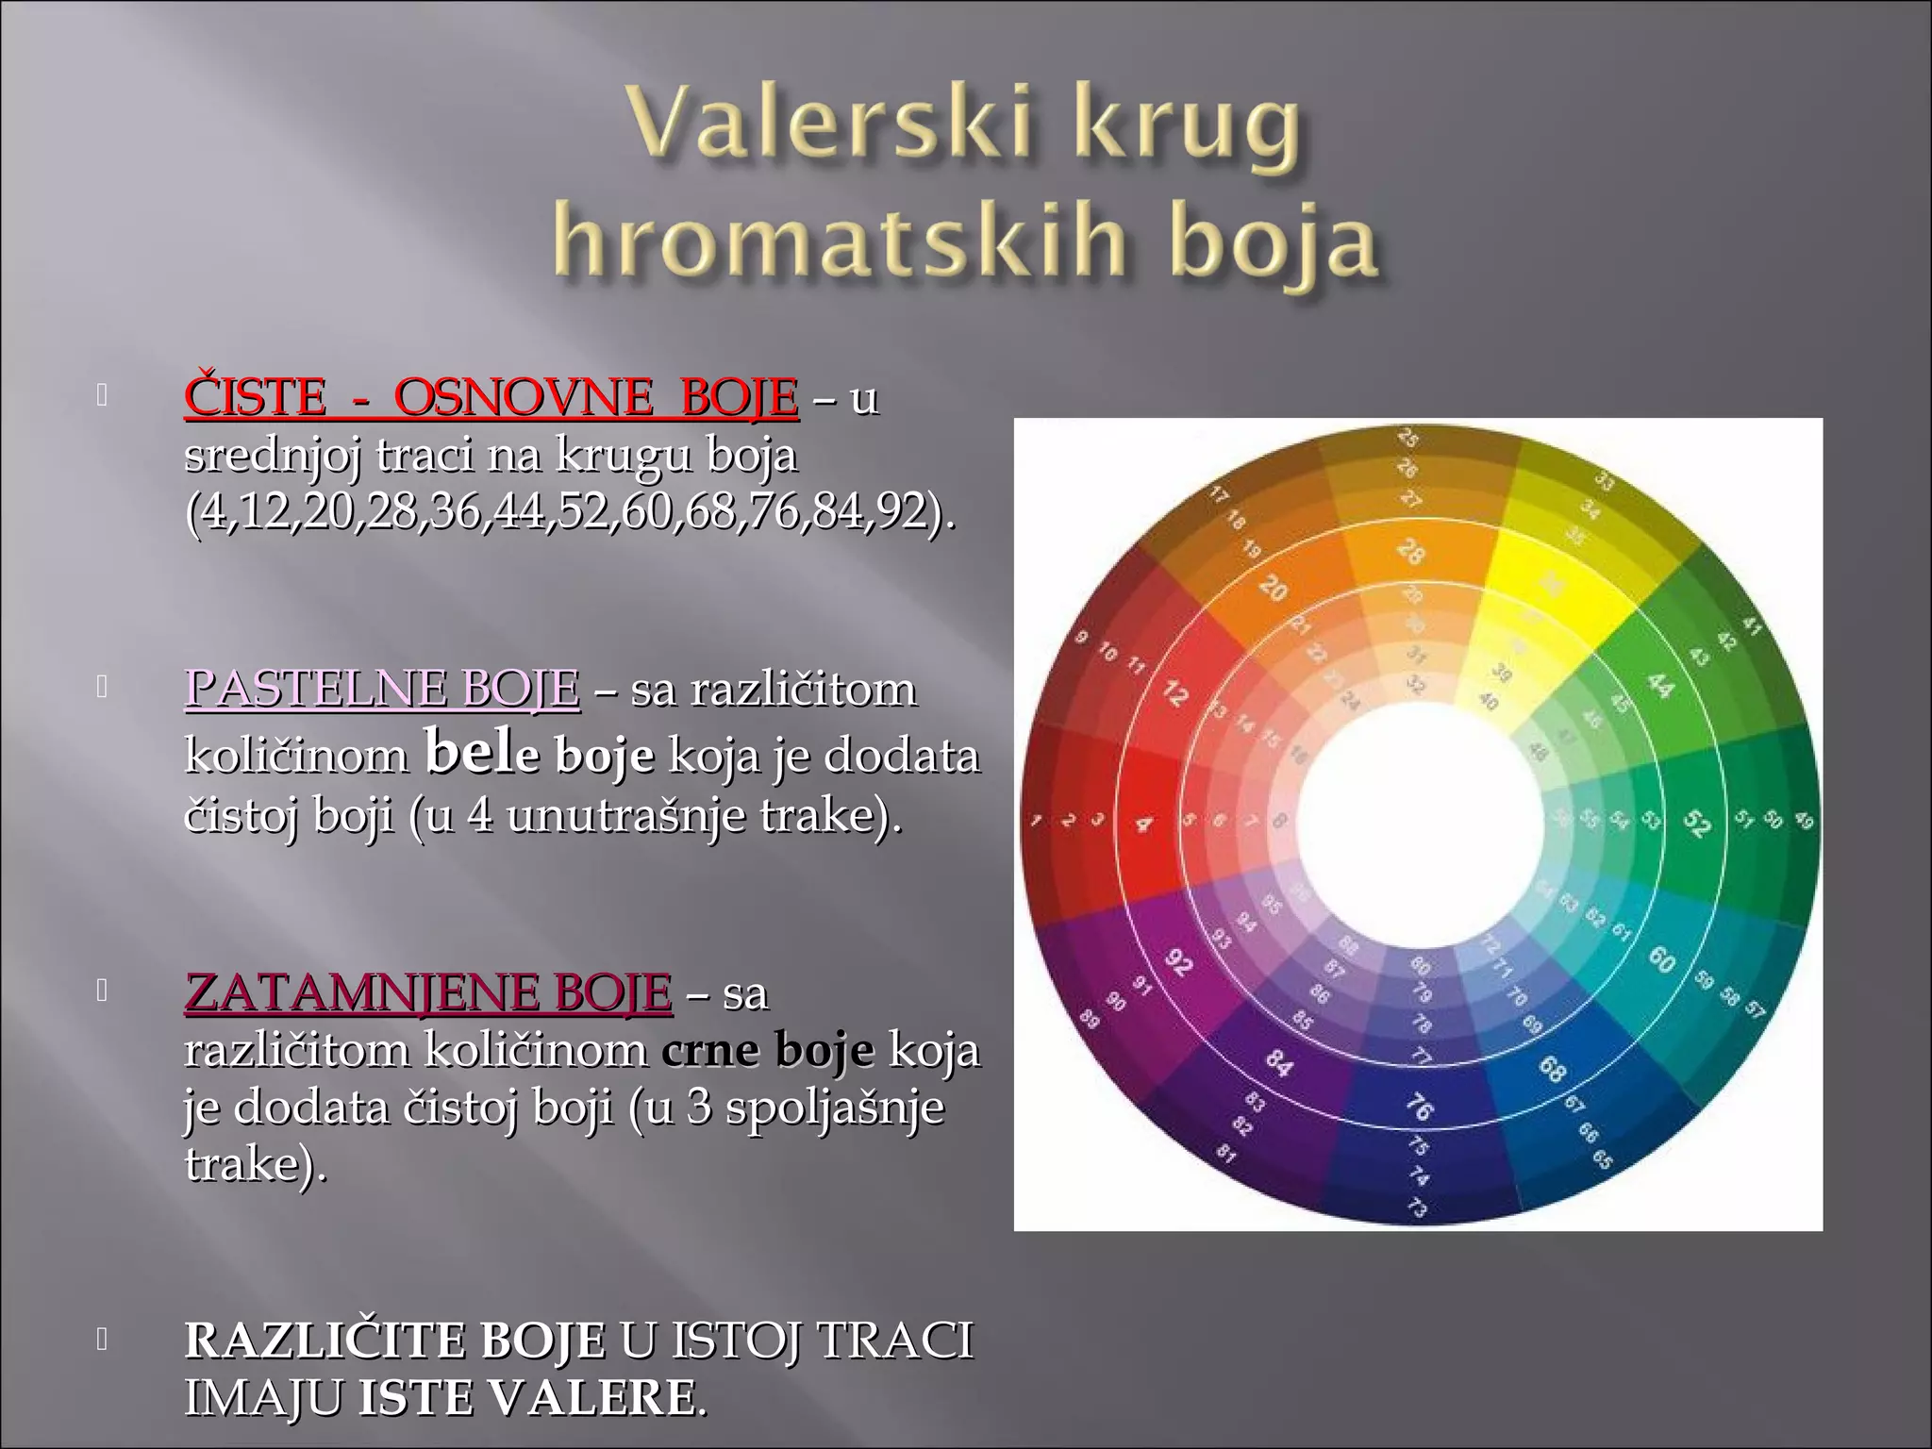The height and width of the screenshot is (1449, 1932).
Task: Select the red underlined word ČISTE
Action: [255, 398]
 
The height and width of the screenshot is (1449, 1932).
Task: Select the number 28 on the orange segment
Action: [1409, 551]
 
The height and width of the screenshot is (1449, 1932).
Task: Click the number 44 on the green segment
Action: [1659, 686]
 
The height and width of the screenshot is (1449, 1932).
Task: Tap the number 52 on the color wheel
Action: [1697, 824]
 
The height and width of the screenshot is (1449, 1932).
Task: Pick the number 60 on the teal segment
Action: [1661, 959]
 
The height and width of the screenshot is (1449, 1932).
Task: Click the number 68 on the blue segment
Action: [1553, 1069]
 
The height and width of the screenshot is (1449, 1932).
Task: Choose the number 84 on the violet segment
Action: [1278, 1064]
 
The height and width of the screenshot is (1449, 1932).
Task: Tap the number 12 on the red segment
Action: [1174, 694]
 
